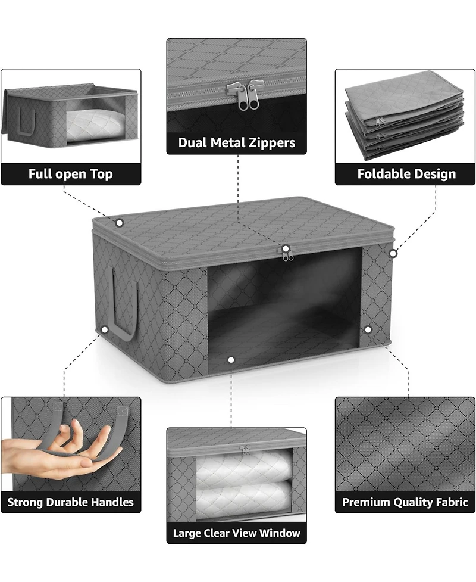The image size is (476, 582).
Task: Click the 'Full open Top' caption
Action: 71,174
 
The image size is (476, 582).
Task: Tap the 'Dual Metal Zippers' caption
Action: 237,143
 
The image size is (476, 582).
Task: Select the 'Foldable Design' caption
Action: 406,174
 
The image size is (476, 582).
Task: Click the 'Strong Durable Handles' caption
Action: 71,502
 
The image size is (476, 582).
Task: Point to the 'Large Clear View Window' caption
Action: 237,532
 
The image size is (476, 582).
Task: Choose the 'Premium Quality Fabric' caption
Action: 405,502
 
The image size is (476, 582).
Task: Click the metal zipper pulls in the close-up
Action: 240,94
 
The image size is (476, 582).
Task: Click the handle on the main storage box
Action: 123,304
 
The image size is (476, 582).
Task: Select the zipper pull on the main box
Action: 287,254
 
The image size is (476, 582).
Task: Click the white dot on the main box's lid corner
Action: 119,223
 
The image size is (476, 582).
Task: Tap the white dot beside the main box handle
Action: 105,329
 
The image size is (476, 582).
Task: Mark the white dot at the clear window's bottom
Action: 231,360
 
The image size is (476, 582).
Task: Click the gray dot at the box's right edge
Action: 393,253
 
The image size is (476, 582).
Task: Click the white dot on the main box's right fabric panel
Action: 368,329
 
